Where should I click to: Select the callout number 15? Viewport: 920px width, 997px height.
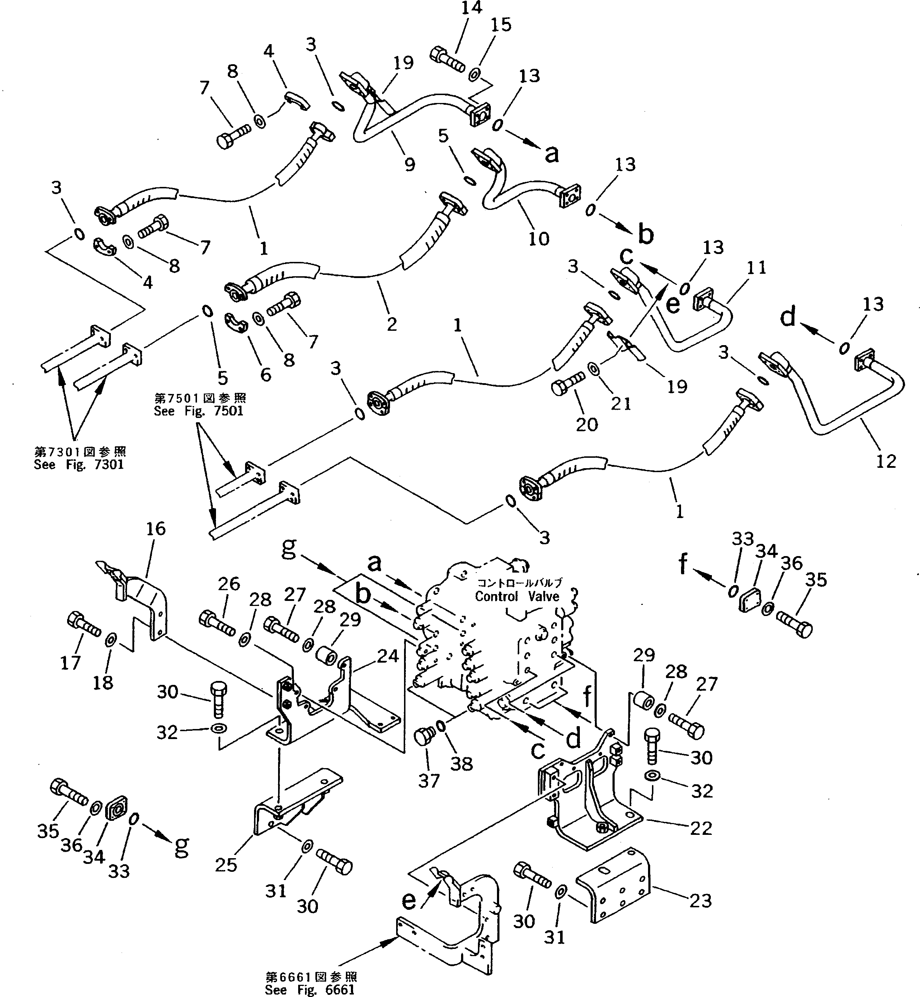click(501, 25)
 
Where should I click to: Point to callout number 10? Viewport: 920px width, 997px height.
click(538, 239)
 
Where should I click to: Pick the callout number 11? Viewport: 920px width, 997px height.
click(757, 268)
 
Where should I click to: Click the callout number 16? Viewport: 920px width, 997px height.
click(156, 528)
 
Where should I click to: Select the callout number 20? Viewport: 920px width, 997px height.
click(586, 424)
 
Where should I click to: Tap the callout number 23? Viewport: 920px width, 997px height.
click(700, 900)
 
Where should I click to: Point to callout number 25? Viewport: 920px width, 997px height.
click(226, 865)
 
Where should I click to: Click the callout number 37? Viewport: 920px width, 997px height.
click(429, 781)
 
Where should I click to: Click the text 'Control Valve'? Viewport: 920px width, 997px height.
click(517, 596)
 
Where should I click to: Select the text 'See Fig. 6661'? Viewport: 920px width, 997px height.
click(310, 989)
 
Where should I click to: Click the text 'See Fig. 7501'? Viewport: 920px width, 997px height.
click(199, 411)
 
